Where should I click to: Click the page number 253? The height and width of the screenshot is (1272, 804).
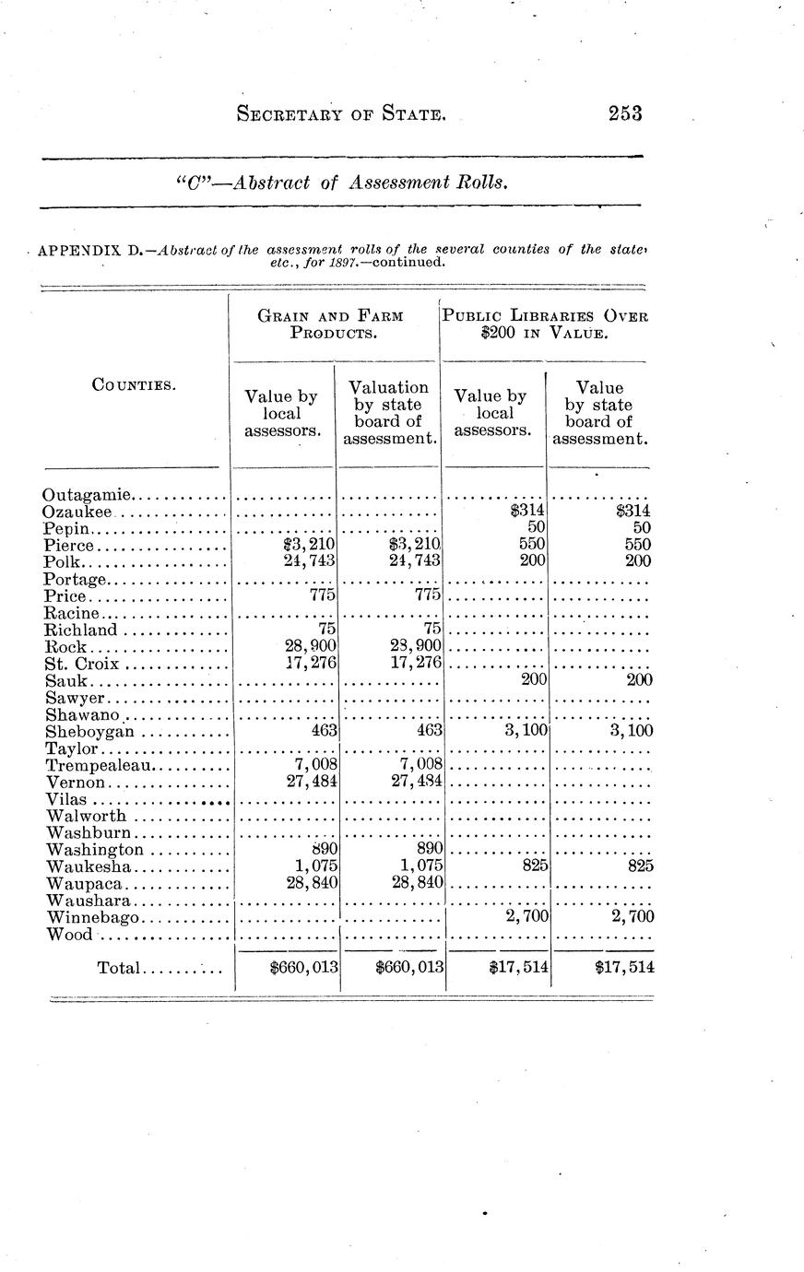pyautogui.click(x=624, y=113)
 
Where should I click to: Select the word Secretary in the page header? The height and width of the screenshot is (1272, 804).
pyautogui.click(x=290, y=114)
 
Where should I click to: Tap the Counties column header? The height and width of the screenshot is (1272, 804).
pyautogui.click(x=130, y=384)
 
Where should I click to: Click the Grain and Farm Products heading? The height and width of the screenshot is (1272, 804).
pyautogui.click(x=331, y=324)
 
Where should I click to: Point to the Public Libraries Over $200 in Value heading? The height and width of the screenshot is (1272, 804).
pyautogui.click(x=545, y=324)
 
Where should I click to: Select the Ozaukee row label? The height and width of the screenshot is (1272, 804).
pyautogui.click(x=78, y=512)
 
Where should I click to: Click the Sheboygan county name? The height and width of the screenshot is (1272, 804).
pyautogui.click(x=89, y=732)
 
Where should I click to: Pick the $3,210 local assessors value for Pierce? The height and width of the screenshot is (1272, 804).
pyautogui.click(x=310, y=545)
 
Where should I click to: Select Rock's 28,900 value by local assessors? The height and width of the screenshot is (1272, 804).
pyautogui.click(x=310, y=648)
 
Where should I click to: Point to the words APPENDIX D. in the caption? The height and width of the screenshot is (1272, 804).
pyautogui.click(x=89, y=251)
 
